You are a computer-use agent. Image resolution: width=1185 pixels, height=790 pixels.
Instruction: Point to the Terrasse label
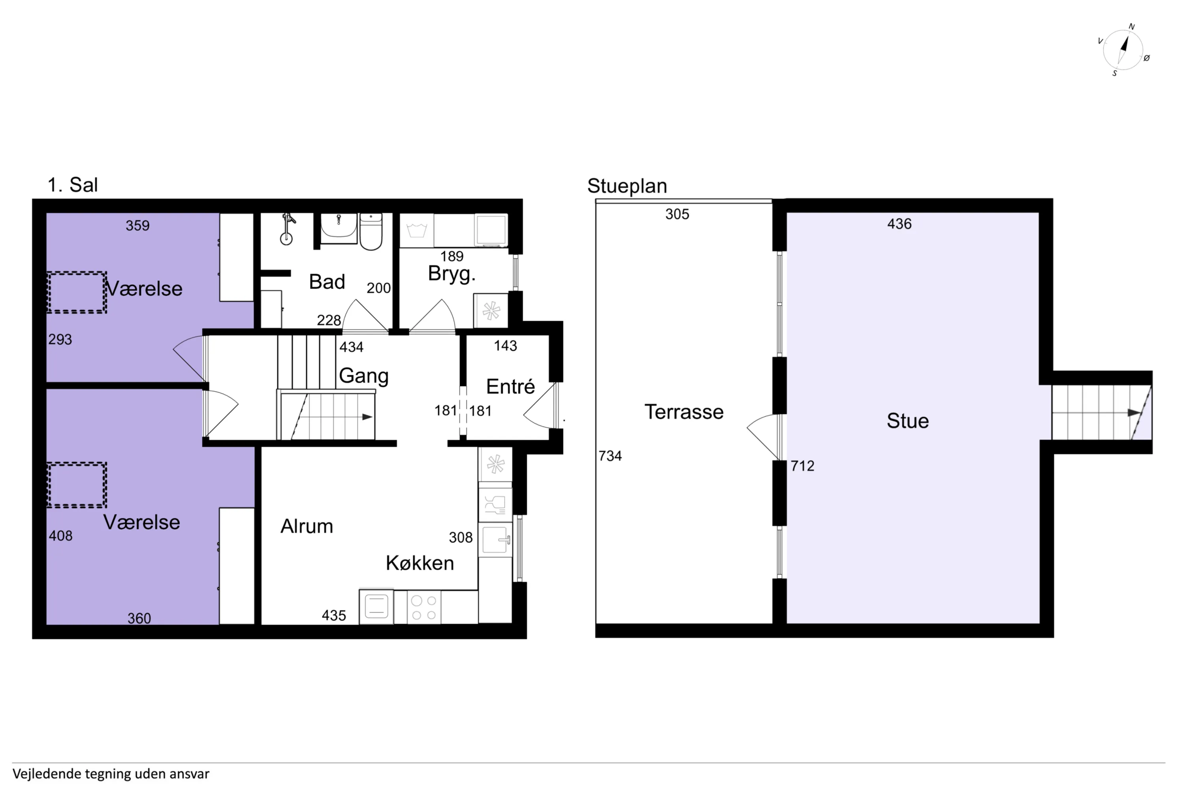[684, 412]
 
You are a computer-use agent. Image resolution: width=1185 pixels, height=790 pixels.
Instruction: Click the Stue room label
[907, 421]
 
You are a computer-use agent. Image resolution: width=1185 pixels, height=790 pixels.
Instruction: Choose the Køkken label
[419, 563]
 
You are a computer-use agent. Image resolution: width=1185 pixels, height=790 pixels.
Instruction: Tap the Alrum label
[307, 526]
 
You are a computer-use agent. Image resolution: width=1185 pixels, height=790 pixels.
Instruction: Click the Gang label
[364, 376]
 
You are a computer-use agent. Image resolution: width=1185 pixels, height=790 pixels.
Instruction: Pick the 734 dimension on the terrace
[610, 456]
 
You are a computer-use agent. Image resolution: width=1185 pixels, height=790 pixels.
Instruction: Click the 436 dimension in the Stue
[899, 224]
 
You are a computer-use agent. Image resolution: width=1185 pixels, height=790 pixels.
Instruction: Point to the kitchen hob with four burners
[424, 608]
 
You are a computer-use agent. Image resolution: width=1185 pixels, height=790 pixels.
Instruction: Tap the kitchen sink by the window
[495, 540]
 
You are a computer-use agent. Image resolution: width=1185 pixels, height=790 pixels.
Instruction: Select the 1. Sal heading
[73, 185]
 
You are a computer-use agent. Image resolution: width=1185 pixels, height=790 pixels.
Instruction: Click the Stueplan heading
[627, 186]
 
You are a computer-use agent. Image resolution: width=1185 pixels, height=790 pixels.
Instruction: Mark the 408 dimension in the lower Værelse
[60, 536]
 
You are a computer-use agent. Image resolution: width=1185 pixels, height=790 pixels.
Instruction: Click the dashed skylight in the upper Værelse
[77, 292]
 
